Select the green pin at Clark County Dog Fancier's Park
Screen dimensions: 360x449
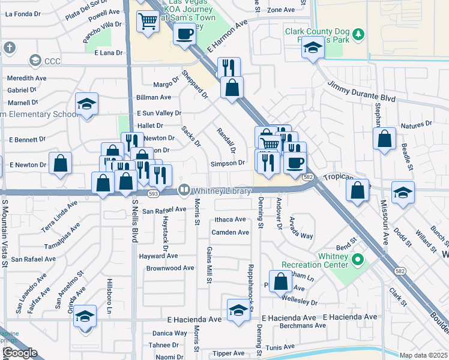pos(358,34)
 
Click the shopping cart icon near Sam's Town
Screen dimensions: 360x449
pos(148,21)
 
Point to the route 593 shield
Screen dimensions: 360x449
pos(153,193)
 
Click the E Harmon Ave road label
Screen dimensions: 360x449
pos(228,37)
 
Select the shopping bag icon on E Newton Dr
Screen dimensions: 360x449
pos(60,163)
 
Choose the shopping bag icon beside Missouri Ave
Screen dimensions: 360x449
pos(384,139)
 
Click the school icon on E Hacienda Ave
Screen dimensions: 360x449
pos(239,310)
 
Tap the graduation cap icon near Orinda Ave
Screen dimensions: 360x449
pos(85,316)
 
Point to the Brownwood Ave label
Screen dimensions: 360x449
pos(170,268)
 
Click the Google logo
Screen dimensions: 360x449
pos(20,353)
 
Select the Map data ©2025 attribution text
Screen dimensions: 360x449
pos(423,355)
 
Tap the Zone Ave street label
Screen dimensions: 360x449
pos(281,10)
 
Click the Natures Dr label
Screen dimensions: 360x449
pos(416,125)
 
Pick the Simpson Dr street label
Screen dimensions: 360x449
pos(227,163)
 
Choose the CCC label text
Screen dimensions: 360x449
pos(53,61)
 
